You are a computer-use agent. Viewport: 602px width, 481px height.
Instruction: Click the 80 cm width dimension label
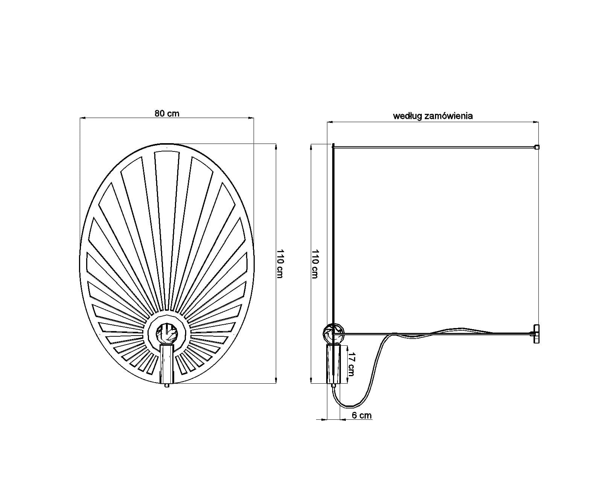(x=167, y=113)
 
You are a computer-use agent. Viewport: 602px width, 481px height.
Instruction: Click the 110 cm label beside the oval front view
(x=280, y=263)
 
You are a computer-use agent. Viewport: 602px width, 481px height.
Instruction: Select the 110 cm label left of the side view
(x=315, y=264)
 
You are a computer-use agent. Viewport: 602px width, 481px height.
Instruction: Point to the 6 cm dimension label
(x=362, y=415)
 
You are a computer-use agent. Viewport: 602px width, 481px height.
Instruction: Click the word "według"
(x=407, y=116)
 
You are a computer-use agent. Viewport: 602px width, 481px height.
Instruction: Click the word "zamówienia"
(x=449, y=116)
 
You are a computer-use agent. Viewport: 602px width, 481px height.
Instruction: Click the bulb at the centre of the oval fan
(x=167, y=333)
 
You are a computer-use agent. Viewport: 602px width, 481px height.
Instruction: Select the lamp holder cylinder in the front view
(x=167, y=363)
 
